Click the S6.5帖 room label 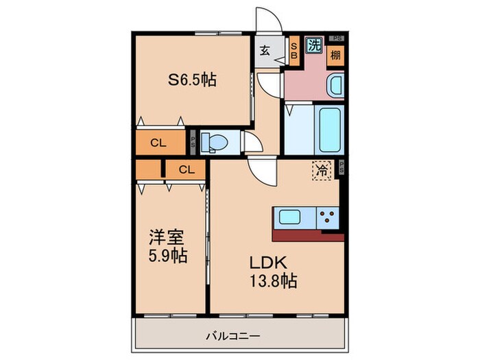(x=193, y=80)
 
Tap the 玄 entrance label (x=265, y=49)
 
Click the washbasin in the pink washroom (x=336, y=87)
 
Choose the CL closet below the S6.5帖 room (x=158, y=143)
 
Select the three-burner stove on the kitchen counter (x=327, y=219)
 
